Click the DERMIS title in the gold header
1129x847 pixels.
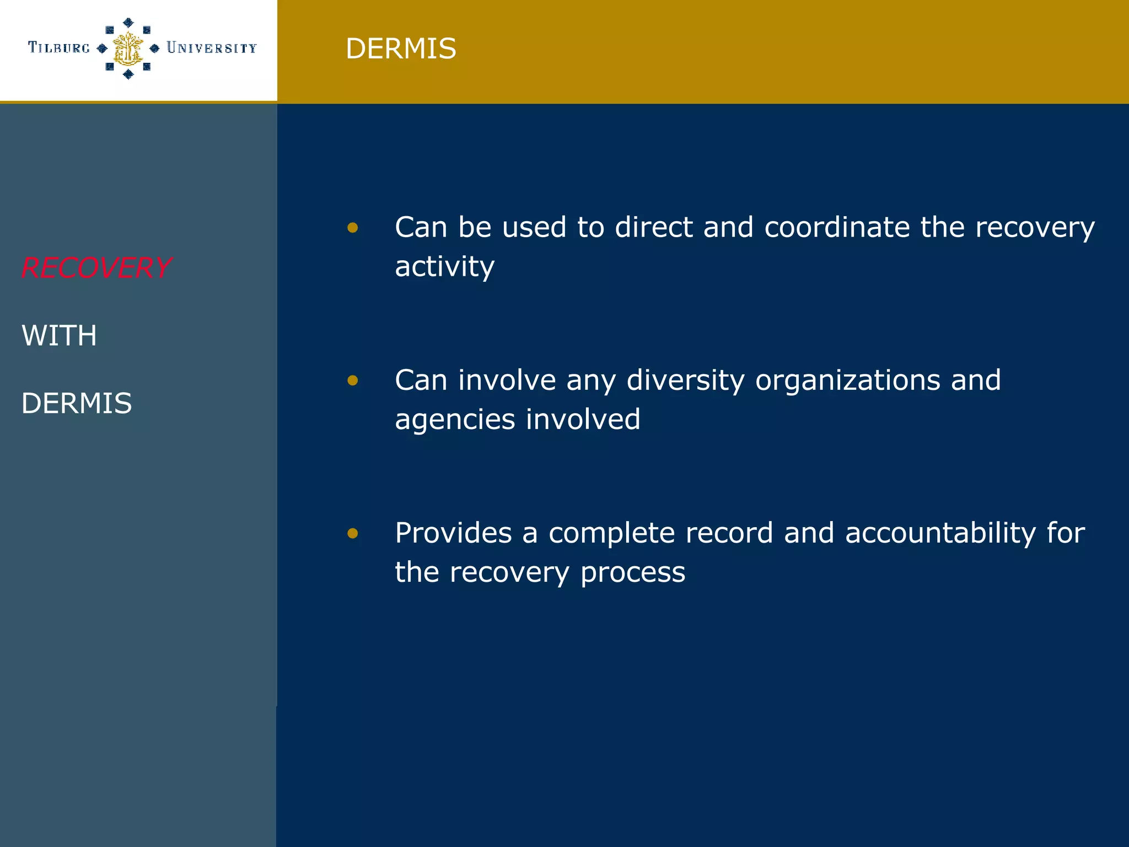click(401, 49)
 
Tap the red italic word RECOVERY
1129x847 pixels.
click(96, 268)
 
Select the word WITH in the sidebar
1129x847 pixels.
click(59, 336)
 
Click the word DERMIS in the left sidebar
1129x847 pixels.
click(77, 403)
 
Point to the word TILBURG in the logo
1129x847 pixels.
click(58, 48)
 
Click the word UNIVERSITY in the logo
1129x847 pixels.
click(212, 48)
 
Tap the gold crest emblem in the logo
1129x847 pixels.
click(128, 49)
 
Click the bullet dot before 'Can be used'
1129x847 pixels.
click(353, 228)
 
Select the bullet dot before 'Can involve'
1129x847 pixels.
click(353, 380)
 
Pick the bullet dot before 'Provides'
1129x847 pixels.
click(353, 533)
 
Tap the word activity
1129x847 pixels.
click(444, 267)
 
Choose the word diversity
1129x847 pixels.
click(685, 380)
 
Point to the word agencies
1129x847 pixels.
click(455, 420)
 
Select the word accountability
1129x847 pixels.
click(940, 533)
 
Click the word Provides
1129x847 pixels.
click(453, 533)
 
